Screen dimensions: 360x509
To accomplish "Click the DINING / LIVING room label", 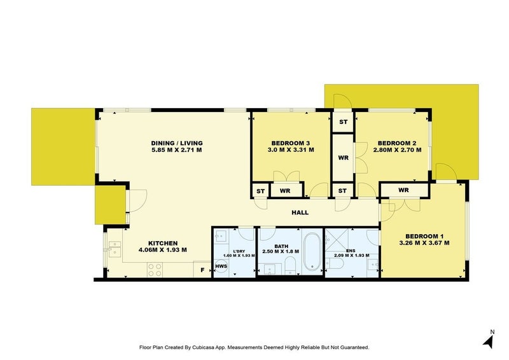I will coord(176,142).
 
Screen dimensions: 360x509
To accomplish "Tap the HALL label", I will coord(301,213).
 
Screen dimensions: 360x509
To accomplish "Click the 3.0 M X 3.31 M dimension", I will coord(290,151).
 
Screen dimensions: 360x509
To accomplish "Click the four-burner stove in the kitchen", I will coord(155,269).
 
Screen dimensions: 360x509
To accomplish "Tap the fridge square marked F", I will coord(203,270).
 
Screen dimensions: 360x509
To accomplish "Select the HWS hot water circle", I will coord(221,267).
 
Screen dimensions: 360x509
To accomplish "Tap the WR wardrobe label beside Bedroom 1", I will coord(403,190).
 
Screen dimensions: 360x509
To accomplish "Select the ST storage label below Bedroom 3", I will coord(260,191).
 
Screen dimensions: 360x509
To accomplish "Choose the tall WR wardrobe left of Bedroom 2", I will coord(343,156).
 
